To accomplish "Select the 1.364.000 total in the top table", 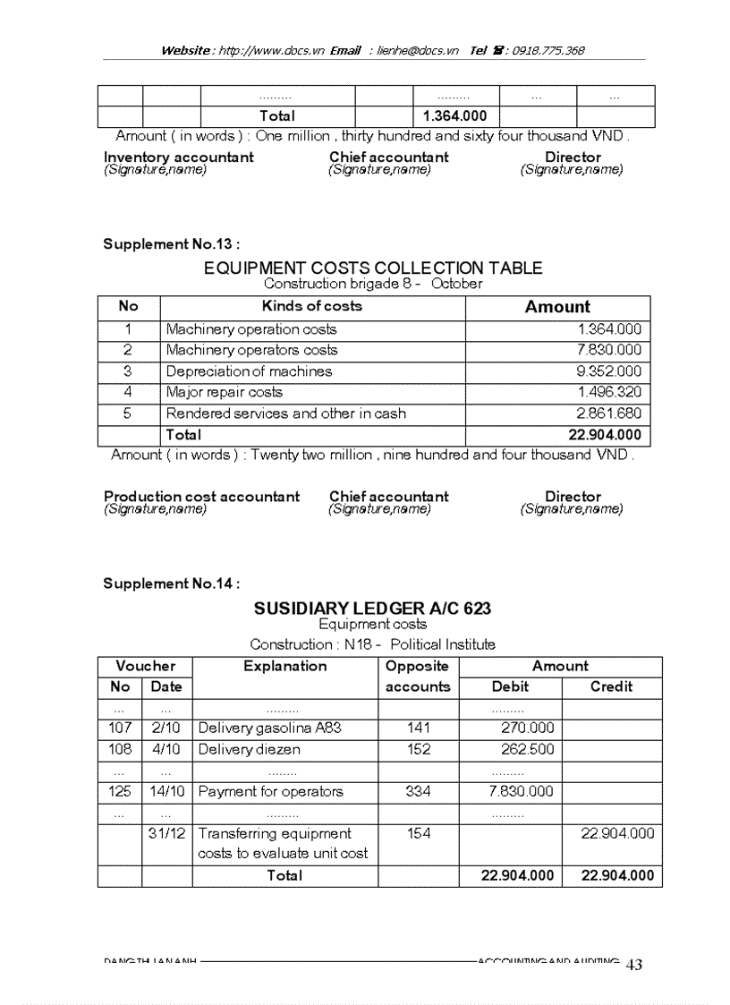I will pos(454,116).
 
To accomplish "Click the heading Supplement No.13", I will pos(171,244).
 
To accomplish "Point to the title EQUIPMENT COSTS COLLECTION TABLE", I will pos(372,268).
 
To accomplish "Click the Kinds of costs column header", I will pos(311,306).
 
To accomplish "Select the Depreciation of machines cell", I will pos(249,371).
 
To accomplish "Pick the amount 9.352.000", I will pos(609,371).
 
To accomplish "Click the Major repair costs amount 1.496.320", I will pos(609,392).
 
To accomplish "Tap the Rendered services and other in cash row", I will pos(285,413).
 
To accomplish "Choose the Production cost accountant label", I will pos(201,497).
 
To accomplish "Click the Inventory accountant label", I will pos(178,158).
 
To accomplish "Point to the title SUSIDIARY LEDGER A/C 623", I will pos(372,609).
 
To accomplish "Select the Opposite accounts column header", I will pos(417,677).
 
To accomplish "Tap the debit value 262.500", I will pos(527,749).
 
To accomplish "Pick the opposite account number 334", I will pos(418,791).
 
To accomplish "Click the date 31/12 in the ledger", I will pos(166,833).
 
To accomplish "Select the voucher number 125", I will pos(119,791).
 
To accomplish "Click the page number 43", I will pos(633,965).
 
